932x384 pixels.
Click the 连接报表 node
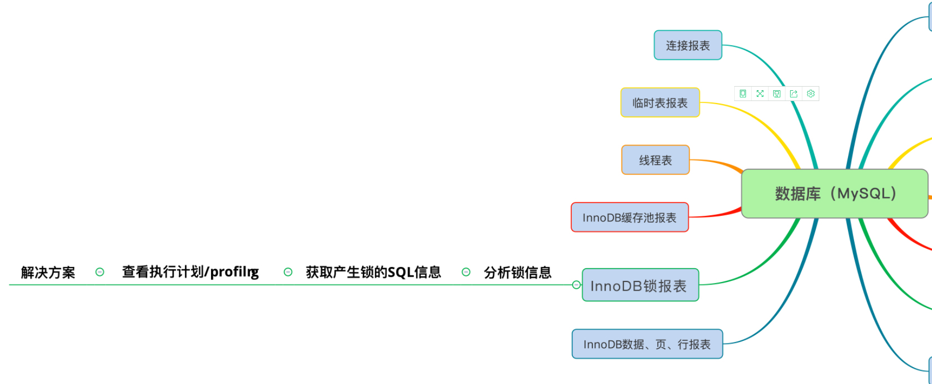point(688,45)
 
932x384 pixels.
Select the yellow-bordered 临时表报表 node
point(660,103)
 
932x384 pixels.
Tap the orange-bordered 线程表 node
point(655,160)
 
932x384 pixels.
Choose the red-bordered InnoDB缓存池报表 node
point(629,217)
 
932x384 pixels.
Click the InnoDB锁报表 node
point(640,285)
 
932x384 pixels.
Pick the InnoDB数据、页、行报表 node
point(647,344)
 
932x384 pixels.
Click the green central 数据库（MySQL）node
point(835,194)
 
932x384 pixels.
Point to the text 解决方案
point(48,272)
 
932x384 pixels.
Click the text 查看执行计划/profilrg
point(190,272)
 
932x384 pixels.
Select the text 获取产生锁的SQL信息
point(373,272)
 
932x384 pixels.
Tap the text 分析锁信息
point(517,272)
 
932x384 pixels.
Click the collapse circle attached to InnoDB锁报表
point(576,285)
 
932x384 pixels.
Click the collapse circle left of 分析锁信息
point(466,272)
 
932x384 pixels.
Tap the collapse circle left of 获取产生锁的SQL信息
point(288,272)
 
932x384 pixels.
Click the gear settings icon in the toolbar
point(811,94)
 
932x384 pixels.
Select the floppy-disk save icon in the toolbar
point(777,94)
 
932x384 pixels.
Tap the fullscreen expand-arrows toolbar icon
point(760,94)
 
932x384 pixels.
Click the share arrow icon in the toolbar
point(794,94)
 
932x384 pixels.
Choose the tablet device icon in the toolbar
point(743,94)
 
